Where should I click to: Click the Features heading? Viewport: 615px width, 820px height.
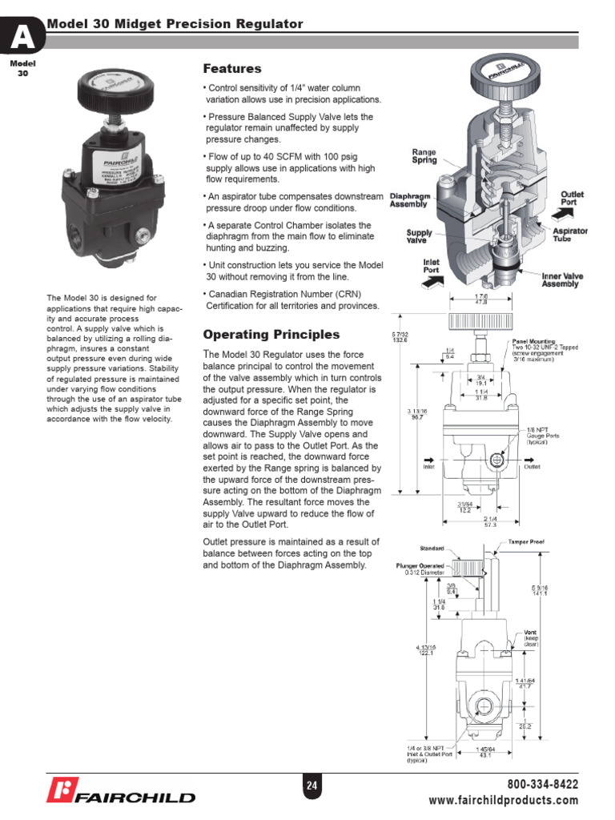click(232, 69)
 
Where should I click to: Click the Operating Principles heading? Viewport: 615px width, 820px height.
click(271, 335)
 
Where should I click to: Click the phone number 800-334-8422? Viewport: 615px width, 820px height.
click(542, 784)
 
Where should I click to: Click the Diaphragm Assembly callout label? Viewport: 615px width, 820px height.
click(408, 199)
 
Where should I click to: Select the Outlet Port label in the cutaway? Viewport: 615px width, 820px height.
click(573, 198)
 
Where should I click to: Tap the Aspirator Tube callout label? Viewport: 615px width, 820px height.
click(570, 235)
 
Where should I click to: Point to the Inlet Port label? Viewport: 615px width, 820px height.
click(431, 266)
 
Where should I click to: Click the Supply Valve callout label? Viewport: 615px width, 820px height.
click(419, 235)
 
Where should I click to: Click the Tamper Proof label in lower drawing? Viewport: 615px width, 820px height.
click(525, 542)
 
